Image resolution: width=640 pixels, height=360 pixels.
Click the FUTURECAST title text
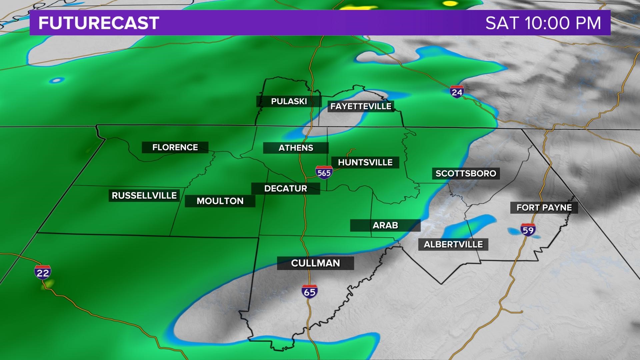pyautogui.click(x=99, y=23)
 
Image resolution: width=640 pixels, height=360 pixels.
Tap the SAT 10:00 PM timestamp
pyautogui.click(x=543, y=23)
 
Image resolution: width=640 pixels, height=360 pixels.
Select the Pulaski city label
pyautogui.click(x=289, y=101)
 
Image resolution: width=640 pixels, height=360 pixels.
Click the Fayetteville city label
pyautogui.click(x=361, y=106)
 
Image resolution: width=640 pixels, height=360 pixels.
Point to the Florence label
pyautogui.click(x=175, y=147)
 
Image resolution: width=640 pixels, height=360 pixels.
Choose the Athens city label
pyautogui.click(x=296, y=148)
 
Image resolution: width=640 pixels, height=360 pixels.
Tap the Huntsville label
pyautogui.click(x=365, y=162)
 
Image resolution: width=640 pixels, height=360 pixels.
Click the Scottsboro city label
pyautogui.click(x=466, y=173)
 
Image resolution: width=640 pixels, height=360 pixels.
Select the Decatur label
pyautogui.click(x=285, y=188)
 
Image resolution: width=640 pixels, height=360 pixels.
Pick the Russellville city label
pyautogui.click(x=144, y=195)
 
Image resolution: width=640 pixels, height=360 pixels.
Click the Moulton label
pyautogui.click(x=220, y=201)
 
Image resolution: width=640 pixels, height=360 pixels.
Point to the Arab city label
pyautogui.click(x=385, y=225)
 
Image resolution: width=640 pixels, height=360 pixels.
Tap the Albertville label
pyautogui.click(x=453, y=244)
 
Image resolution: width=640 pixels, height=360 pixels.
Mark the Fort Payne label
pyautogui.click(x=544, y=208)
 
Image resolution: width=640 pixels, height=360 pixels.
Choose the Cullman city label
pyautogui.click(x=315, y=263)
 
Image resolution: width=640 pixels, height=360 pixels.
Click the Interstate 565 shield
pyautogui.click(x=324, y=172)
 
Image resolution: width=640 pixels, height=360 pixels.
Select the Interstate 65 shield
pyautogui.click(x=310, y=292)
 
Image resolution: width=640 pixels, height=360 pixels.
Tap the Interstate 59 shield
pyautogui.click(x=528, y=230)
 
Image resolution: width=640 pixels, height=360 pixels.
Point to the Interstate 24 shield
pyautogui.click(x=457, y=91)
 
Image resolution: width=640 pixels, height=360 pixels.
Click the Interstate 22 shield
pyautogui.click(x=43, y=272)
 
